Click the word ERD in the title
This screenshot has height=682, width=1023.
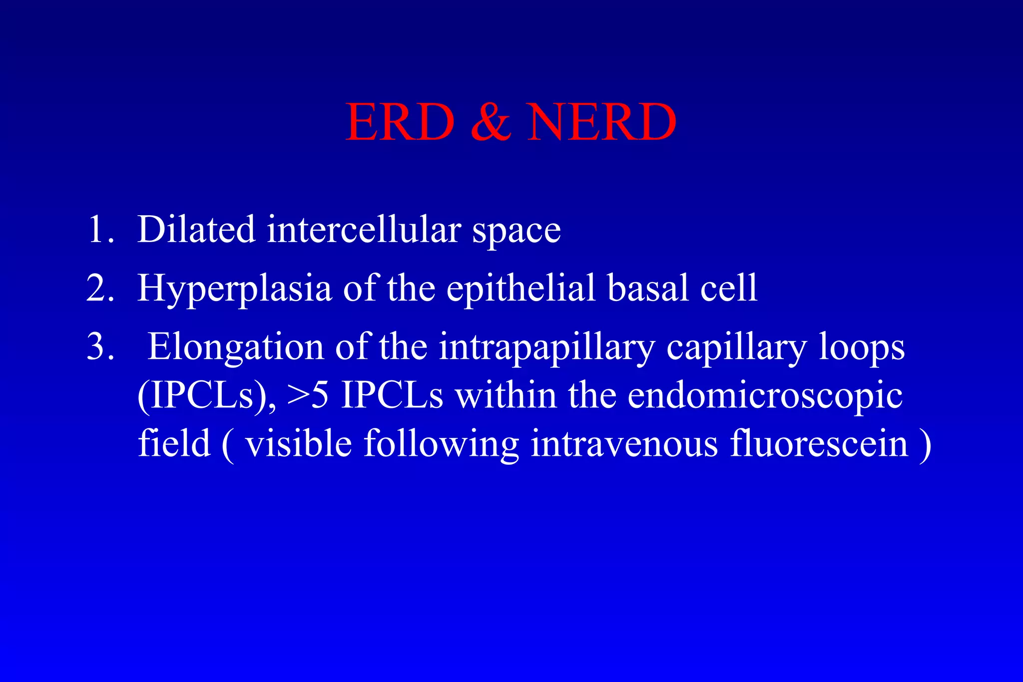pos(400,123)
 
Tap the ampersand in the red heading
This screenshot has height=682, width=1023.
pos(491,123)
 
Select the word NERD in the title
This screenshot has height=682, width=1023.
pos(601,123)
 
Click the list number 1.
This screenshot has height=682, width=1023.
pos(100,230)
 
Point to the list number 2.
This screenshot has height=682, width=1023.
pos(100,289)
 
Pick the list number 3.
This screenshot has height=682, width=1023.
pos(100,347)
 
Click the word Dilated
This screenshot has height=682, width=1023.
pos(196,230)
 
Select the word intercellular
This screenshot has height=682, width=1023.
pos(364,230)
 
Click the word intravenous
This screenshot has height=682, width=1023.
pos(624,444)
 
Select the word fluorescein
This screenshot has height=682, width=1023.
pos(819,444)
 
